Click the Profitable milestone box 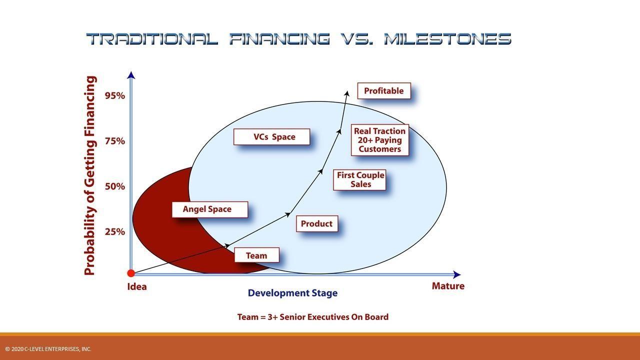coord(383,91)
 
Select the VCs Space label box coord(271,137)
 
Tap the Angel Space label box coord(209,209)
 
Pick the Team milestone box coord(256,255)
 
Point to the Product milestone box coord(317,223)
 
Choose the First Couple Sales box coord(360,179)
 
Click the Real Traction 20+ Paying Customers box coord(379,140)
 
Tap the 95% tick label coord(115,95)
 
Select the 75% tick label coord(115,141)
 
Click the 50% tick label coord(115,186)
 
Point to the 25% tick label coord(115,231)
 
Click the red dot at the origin coord(131,273)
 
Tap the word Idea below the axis coord(137,286)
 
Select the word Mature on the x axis coord(448,286)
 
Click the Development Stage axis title coord(292,293)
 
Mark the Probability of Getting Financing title coord(90,175)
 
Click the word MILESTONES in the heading coord(447,39)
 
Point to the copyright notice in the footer coord(48,349)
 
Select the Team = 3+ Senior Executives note coord(312,317)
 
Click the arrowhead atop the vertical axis coord(131,75)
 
